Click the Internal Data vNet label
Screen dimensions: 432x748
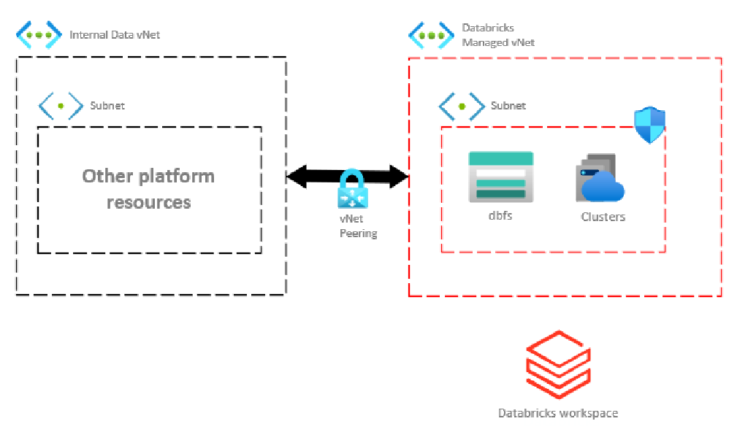click(x=114, y=34)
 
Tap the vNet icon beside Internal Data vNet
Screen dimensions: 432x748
click(x=39, y=34)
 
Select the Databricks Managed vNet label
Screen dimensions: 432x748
click(x=497, y=35)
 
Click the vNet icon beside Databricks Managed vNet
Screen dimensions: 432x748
click(x=432, y=34)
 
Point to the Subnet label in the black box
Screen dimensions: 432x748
click(x=107, y=106)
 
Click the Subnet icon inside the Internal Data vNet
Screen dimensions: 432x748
click(x=61, y=106)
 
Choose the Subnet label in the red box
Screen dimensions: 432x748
click(x=508, y=106)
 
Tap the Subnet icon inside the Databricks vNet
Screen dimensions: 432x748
click(x=461, y=106)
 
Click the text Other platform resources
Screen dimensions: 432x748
click(x=148, y=188)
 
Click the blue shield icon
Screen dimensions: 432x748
click(x=649, y=124)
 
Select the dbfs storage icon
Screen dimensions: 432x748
click(x=500, y=176)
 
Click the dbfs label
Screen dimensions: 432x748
click(x=500, y=217)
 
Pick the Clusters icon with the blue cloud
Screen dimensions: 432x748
click(x=600, y=177)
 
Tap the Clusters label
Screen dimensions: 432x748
click(x=603, y=217)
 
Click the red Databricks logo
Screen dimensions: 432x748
click(x=557, y=365)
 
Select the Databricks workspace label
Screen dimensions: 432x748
click(x=557, y=413)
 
